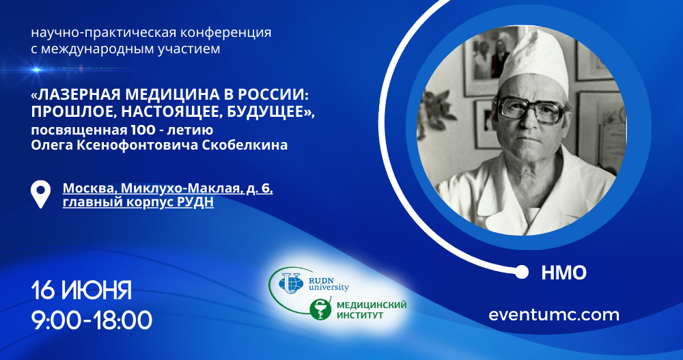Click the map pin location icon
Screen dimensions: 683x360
40,195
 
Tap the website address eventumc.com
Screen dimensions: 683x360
554,315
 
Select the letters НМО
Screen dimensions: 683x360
564,273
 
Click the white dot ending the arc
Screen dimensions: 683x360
521,273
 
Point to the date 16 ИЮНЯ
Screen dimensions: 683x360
81,290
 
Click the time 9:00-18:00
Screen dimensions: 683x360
92,320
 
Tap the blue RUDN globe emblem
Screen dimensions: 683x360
291,282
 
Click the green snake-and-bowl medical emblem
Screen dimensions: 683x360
320,309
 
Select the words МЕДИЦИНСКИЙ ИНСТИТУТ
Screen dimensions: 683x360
372,309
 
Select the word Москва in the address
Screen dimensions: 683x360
89,189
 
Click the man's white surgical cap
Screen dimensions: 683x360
534,61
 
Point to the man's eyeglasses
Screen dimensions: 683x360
533,109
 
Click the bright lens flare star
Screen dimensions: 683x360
37,69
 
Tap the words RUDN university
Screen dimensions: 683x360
329,283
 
